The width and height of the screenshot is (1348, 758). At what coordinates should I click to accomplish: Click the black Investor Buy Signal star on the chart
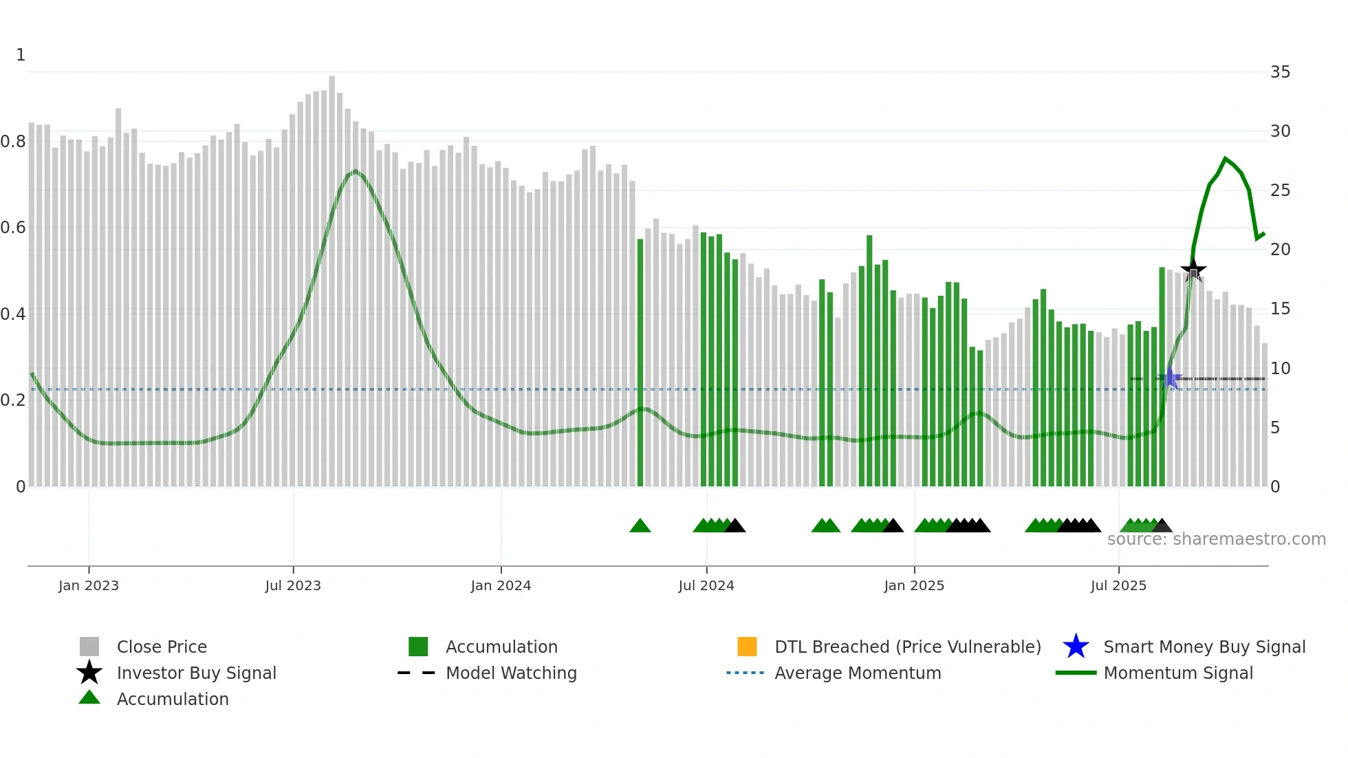pos(1193,270)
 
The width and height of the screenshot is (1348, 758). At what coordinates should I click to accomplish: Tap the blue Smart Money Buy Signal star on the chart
pos(1170,378)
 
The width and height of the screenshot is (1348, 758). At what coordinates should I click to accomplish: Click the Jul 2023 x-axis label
pos(293,585)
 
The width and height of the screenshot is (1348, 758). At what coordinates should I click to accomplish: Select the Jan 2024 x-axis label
pos(501,585)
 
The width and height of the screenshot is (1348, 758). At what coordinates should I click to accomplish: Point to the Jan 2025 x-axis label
pos(914,585)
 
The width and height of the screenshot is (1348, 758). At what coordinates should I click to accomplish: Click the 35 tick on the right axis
pos(1280,72)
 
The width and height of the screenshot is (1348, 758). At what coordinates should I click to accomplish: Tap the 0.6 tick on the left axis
pos(13,228)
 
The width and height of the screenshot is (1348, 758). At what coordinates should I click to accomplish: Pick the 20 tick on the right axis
pos(1280,250)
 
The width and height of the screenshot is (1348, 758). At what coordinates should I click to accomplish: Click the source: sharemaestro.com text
pos(1216,539)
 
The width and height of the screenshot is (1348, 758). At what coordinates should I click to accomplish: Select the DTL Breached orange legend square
pos(747,647)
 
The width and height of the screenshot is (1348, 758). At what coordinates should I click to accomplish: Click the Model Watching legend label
pos(511,673)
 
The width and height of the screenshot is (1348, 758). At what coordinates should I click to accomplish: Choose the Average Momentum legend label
pos(858,673)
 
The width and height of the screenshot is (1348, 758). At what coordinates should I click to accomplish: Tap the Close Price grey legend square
pos(89,647)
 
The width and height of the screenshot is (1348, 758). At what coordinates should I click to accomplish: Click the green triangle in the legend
pos(89,697)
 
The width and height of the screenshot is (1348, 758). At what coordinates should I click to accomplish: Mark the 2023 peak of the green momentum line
pos(355,171)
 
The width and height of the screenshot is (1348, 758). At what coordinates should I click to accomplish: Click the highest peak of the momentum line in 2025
pos(1225,159)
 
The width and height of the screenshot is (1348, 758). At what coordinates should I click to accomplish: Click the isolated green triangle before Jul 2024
pos(640,526)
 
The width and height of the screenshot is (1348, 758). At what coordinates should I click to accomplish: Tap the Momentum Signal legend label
pos(1178,673)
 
